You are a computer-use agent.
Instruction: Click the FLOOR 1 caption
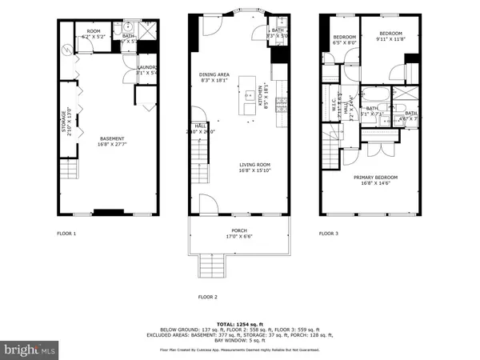66,234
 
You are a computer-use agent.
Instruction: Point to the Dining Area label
214,78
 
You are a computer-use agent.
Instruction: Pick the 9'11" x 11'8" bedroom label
390,36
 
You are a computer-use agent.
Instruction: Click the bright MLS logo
30,349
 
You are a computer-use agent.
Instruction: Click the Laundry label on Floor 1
146,70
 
